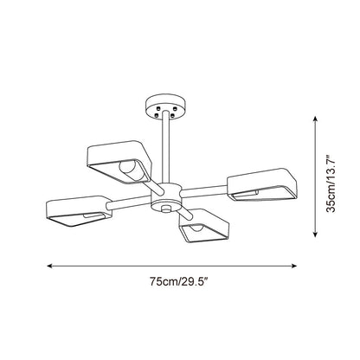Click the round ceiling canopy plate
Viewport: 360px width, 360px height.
coord(165,106)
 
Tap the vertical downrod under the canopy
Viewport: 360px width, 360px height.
coord(165,147)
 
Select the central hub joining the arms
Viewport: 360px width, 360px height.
coord(166,197)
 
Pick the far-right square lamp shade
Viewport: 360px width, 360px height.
coord(262,184)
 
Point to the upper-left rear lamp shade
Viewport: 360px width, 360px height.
coord(119,161)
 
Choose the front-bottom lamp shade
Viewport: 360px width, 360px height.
coord(204,226)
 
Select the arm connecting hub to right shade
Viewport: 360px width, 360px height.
coord(204,191)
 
